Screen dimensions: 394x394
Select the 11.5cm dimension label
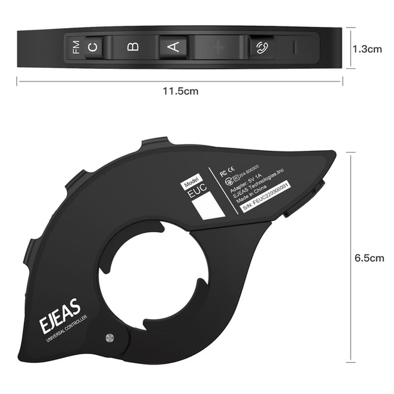[x=180, y=91]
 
